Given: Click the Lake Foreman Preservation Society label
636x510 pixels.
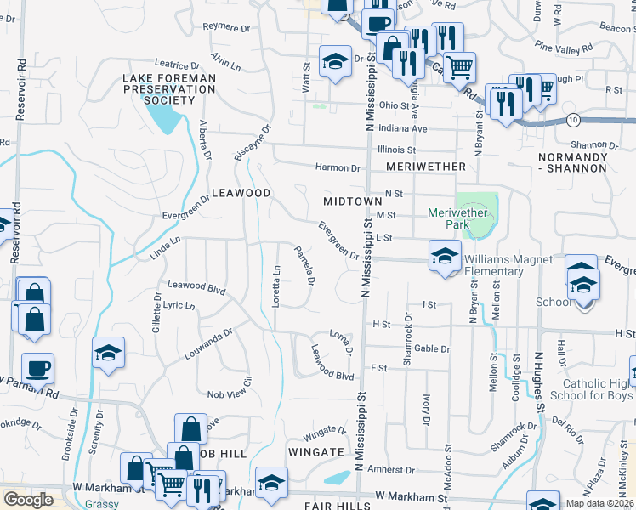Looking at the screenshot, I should coord(169,89).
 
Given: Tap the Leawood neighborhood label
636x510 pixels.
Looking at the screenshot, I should coord(241,194).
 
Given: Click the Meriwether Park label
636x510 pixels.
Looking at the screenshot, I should coord(460,218).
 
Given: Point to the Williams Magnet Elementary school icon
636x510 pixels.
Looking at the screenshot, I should coord(445,256).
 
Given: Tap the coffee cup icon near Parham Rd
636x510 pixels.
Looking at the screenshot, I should coord(37,369).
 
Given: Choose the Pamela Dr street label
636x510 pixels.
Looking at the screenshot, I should coord(305,265).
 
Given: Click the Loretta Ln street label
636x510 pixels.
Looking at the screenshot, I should coord(276,286).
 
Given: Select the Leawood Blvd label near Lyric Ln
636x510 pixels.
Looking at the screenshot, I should coord(196,287).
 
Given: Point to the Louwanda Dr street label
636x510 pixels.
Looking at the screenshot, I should coord(208,343).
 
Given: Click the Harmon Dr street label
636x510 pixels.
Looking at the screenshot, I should coord(338,167).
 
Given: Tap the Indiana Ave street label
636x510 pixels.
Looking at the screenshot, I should coord(401,128).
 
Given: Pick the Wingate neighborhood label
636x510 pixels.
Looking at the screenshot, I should coord(315,452).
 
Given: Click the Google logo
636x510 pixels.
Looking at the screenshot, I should coord(28,500).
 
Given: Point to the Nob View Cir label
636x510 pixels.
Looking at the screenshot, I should coord(231,394).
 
